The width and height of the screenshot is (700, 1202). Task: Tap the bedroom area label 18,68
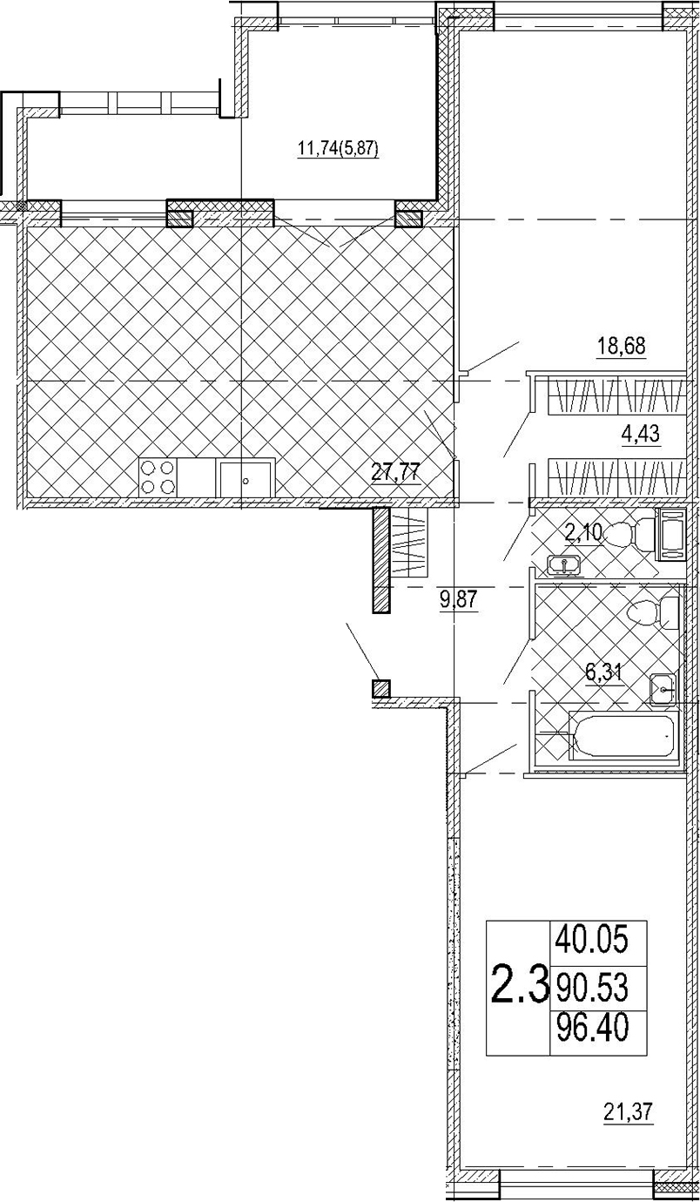tap(622, 346)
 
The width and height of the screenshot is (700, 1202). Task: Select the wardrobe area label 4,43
tap(640, 434)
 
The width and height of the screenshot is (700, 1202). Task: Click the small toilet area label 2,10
tap(584, 533)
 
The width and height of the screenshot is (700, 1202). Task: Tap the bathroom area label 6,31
tap(604, 674)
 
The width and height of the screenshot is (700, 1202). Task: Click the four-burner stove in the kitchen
tap(158, 477)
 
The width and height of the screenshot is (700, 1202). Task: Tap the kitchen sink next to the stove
tap(246, 478)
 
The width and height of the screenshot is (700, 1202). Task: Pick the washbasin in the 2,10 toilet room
tap(562, 565)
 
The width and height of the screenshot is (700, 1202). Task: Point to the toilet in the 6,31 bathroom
tap(653, 613)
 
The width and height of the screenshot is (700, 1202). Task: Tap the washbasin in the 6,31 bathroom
tap(663, 689)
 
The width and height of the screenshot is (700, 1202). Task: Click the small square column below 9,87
tap(380, 688)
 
